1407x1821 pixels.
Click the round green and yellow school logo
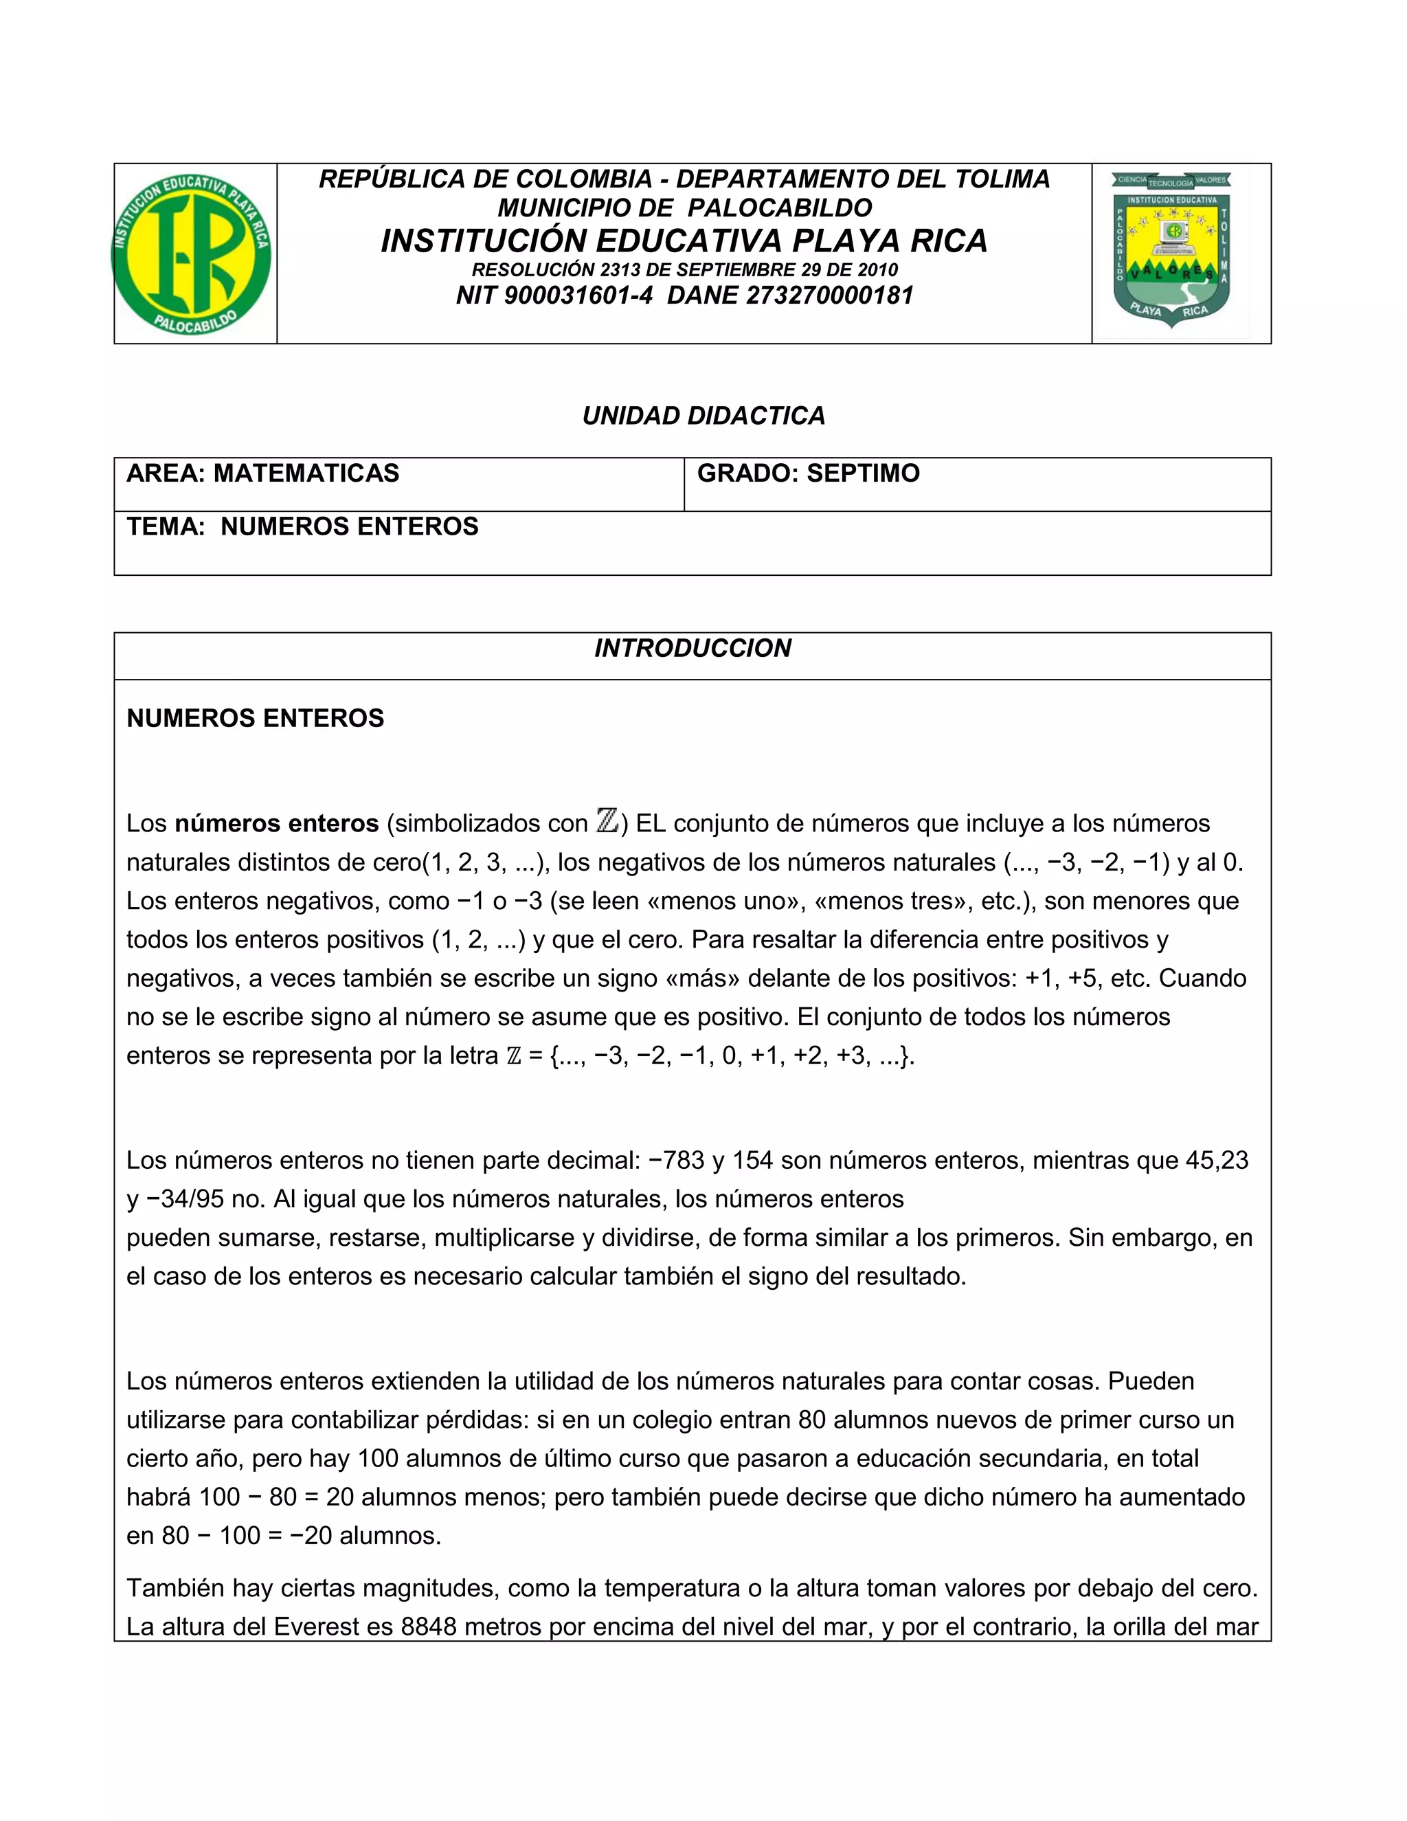point(192,254)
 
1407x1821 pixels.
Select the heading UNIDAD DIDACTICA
point(703,415)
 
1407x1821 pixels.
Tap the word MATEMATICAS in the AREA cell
point(306,473)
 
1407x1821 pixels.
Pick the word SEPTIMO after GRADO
point(863,473)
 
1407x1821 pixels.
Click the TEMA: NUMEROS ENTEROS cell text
point(302,526)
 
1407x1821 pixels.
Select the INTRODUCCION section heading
point(692,648)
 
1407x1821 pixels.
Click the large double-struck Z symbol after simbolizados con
point(607,821)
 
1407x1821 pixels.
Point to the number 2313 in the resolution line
point(617,270)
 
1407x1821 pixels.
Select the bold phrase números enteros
point(277,823)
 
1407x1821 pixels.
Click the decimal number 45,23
point(1217,1160)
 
